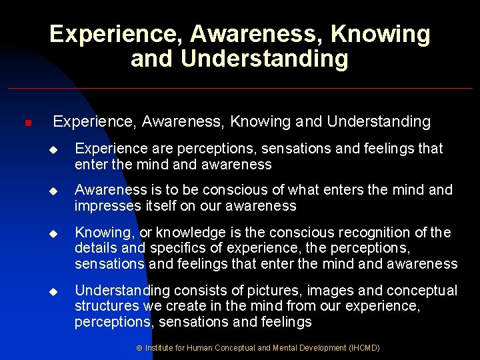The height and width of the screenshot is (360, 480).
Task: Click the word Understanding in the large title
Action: [264, 59]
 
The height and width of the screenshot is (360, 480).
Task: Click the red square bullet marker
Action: [27, 123]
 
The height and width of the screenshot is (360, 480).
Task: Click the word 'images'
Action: [315, 291]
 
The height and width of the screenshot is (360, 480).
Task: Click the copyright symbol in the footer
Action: [139, 348]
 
